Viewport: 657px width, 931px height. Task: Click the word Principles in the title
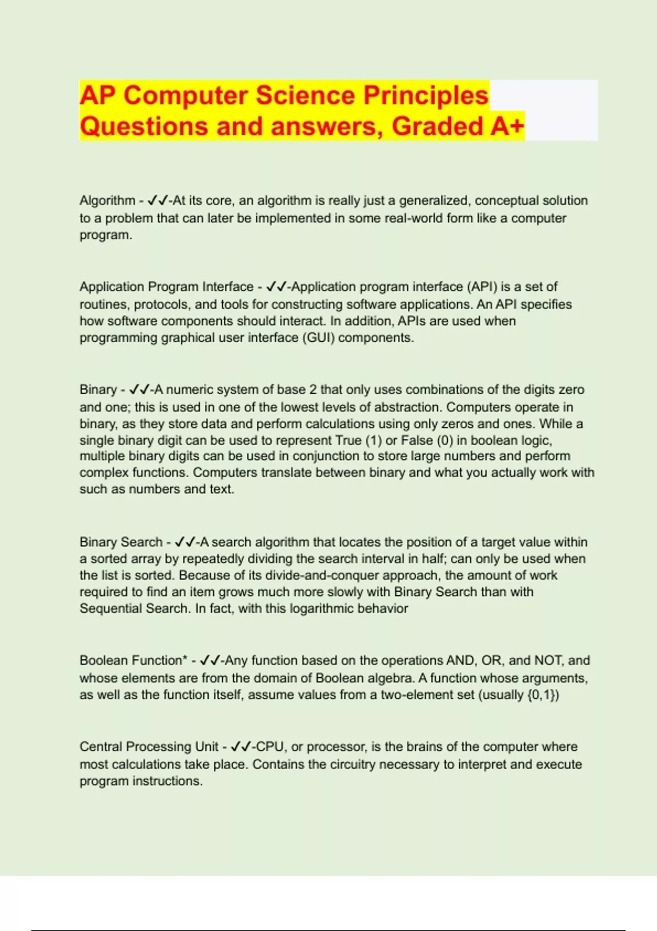[x=425, y=95]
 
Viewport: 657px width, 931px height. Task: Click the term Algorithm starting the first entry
[x=107, y=200]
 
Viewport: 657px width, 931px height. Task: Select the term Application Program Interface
[x=166, y=286]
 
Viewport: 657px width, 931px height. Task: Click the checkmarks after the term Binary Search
[x=185, y=542]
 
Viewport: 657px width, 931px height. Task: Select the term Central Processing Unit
[x=149, y=746]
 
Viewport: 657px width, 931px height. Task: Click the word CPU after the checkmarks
[x=270, y=746]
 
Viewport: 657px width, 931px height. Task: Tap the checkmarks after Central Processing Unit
[x=241, y=746]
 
